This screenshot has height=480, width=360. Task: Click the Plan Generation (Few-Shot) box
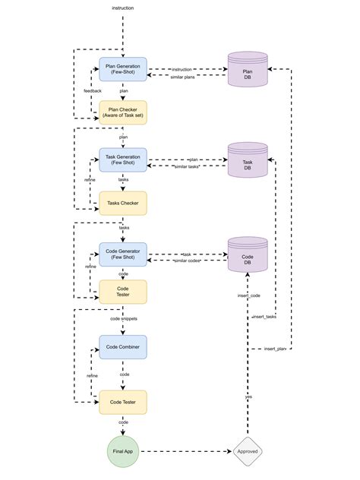(x=123, y=69)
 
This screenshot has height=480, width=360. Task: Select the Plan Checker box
(x=123, y=112)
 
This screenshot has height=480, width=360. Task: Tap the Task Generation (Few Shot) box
(x=123, y=159)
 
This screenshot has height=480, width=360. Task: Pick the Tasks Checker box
(x=123, y=203)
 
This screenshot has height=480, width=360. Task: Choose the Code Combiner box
(x=123, y=346)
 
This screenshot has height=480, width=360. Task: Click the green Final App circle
(x=123, y=451)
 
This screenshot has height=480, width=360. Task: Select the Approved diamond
(x=248, y=451)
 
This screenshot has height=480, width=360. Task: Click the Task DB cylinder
(x=248, y=160)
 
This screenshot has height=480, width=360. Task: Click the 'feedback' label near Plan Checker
(x=92, y=91)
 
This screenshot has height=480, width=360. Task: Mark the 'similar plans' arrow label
(x=182, y=76)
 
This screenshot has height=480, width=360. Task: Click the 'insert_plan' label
(x=275, y=348)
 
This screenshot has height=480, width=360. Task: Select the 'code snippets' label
(x=123, y=319)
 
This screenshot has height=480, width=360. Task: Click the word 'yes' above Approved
(x=248, y=396)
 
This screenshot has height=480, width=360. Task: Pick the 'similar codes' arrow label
(x=187, y=261)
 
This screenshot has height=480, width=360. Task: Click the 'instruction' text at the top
(x=123, y=8)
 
